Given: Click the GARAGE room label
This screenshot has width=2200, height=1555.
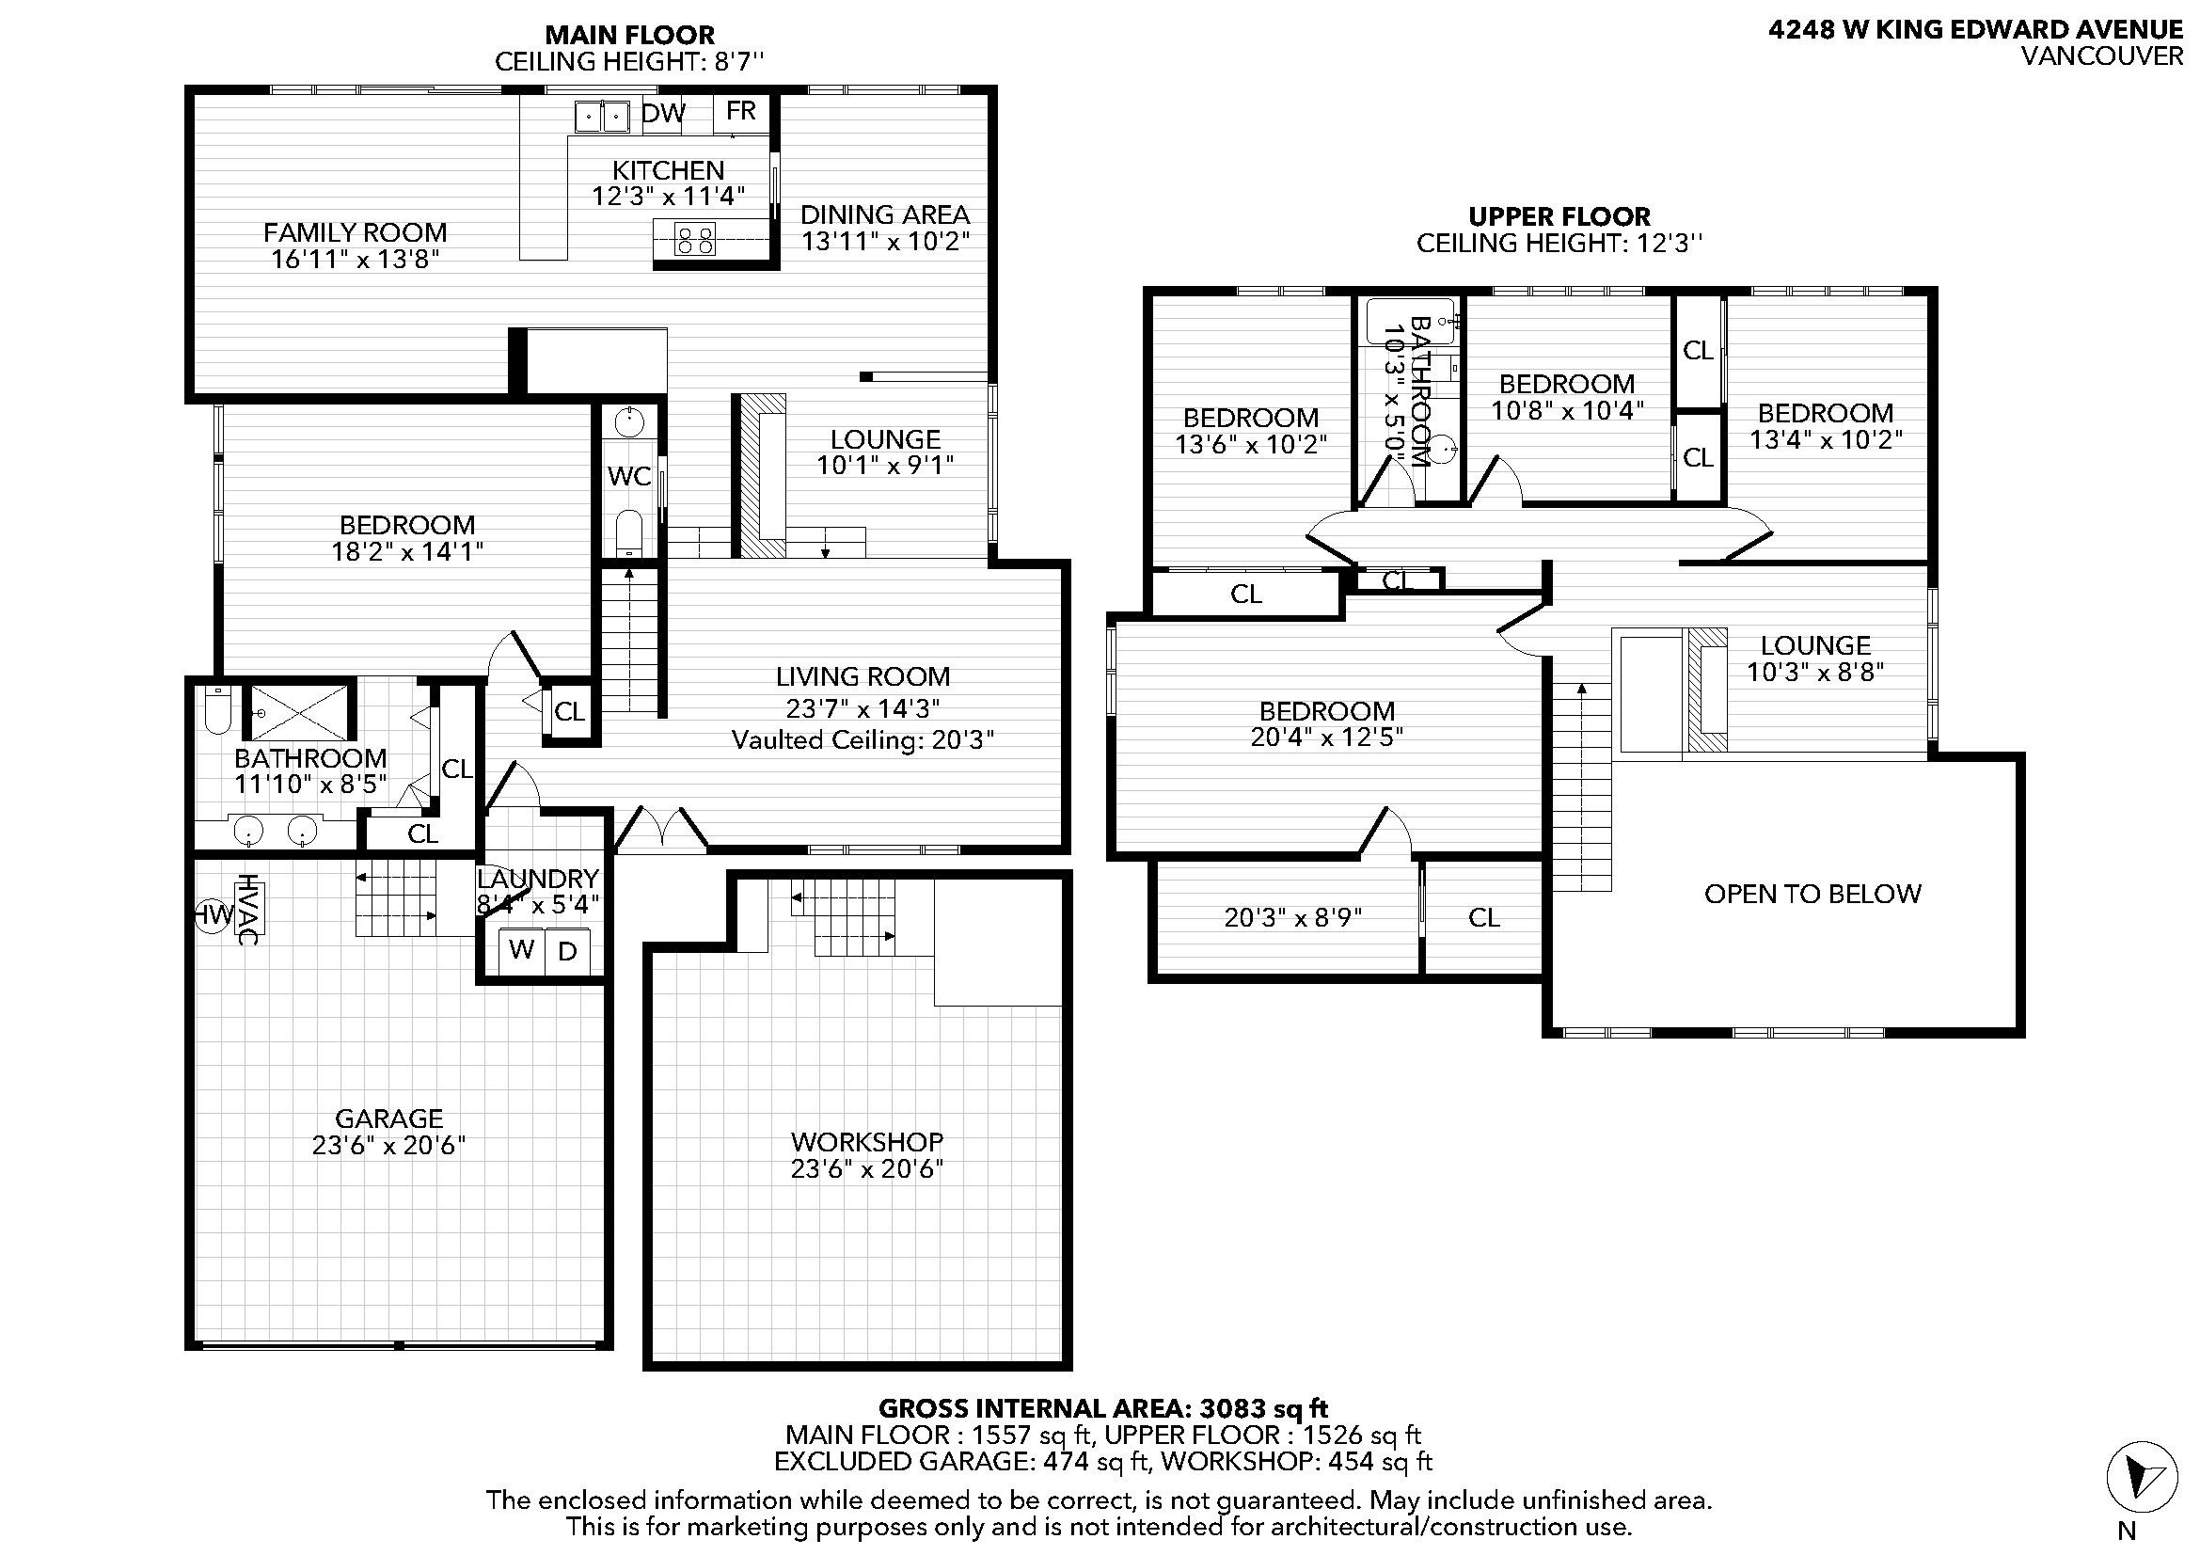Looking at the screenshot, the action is tap(389, 1119).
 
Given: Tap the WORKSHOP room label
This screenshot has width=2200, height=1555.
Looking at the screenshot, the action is tap(867, 1141).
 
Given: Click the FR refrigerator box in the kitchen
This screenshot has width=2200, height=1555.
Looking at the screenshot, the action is tap(740, 113).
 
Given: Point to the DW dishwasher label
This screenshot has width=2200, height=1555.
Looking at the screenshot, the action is tap(664, 113).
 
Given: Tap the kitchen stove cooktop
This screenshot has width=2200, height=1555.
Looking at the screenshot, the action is tap(695, 239).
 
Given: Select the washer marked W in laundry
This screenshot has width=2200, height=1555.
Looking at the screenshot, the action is tap(522, 950).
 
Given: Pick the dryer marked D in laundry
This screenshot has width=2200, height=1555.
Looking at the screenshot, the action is tap(568, 950).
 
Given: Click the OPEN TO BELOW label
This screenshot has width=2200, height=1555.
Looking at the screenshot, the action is tap(1812, 894).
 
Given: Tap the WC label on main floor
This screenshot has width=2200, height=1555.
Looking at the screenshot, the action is tap(629, 476).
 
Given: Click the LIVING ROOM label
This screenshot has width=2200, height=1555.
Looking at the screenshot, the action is tap(863, 676).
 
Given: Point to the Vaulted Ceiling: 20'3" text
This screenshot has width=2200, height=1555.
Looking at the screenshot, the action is tap(863, 739).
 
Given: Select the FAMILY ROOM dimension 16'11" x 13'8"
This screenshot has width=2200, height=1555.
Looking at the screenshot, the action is tap(356, 259).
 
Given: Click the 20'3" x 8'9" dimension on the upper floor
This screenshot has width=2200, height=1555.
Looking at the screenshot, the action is tap(1293, 918).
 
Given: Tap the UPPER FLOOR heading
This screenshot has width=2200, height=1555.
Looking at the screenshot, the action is tap(1559, 216).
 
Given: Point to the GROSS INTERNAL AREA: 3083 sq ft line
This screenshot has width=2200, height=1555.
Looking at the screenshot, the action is tap(1104, 1408).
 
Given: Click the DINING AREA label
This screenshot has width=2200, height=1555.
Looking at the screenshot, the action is tap(885, 214).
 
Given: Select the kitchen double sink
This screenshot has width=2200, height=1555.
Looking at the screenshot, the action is tap(602, 117).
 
